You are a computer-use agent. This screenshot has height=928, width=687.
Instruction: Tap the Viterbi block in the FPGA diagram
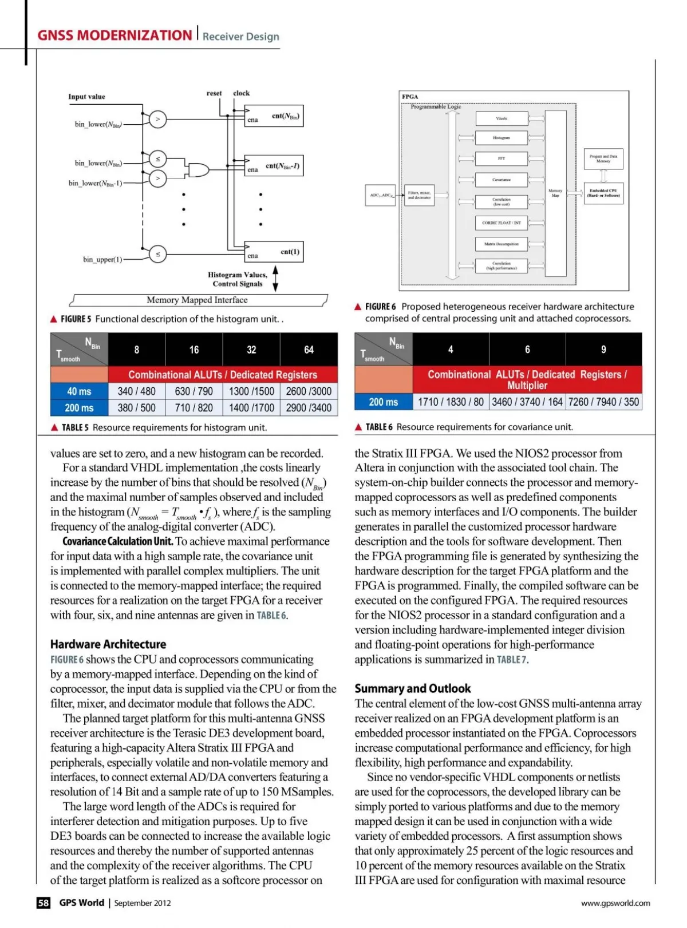[502, 118]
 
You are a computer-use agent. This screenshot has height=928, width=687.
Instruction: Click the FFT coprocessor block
[502, 158]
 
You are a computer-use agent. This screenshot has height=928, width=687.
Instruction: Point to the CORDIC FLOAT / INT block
[502, 223]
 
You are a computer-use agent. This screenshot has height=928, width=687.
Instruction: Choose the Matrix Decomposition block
[502, 244]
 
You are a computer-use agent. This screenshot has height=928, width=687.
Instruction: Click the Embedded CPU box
[603, 193]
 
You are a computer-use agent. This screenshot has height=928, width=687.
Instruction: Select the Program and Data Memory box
[603, 158]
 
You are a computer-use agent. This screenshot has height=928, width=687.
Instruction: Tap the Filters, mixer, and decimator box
[419, 195]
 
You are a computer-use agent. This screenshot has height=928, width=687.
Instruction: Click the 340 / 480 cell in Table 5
[136, 391]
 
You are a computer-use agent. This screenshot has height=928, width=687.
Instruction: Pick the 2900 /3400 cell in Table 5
[309, 408]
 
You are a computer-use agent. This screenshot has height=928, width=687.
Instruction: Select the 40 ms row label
[79, 391]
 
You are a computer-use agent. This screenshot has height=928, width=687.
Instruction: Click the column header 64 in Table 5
[309, 350]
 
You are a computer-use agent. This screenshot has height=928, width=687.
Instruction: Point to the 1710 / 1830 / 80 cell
[451, 402]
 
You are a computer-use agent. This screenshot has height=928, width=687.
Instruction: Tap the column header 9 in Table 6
[603, 350]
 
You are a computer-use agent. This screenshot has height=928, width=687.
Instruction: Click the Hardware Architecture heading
[108, 644]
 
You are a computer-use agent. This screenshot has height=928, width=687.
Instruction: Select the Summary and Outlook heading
[413, 688]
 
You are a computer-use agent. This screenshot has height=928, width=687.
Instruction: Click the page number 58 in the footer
[44, 903]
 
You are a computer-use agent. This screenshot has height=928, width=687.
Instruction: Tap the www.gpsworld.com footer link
[615, 903]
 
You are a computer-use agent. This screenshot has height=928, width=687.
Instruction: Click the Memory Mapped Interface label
[198, 300]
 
